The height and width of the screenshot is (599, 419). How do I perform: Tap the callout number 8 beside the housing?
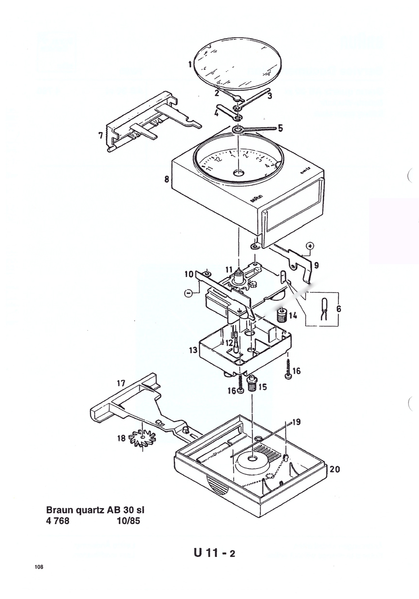(166, 179)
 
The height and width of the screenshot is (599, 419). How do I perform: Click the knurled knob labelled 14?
(280, 315)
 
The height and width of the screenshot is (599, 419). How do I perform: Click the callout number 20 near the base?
(334, 469)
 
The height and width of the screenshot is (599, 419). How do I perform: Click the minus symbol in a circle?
(188, 292)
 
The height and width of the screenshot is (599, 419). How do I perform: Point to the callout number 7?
(100, 136)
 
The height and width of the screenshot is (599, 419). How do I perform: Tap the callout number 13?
(193, 350)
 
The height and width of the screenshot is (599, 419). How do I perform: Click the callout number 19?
(297, 422)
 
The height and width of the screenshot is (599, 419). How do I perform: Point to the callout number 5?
(279, 128)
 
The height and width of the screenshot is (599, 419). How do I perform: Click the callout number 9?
(316, 265)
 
